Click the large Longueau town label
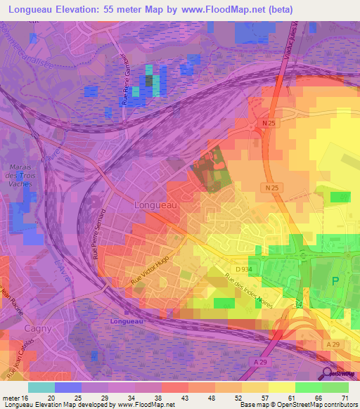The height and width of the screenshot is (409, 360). [x=154, y=204]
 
